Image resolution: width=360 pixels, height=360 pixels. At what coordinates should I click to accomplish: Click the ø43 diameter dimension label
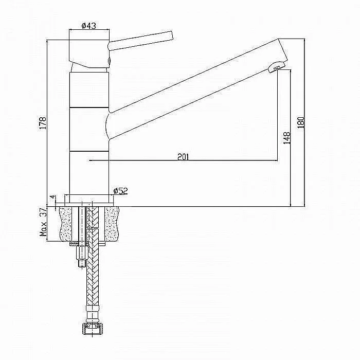(x=89, y=26)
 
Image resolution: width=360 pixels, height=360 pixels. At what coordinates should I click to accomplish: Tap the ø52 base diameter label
(x=120, y=191)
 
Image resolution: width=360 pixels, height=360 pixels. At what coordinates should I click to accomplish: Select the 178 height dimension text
(x=43, y=123)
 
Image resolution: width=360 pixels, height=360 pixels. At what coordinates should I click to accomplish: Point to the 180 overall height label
(x=301, y=122)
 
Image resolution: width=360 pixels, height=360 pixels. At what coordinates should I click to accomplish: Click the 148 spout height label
(x=287, y=138)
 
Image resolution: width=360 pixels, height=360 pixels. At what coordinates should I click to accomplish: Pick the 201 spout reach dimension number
(x=183, y=157)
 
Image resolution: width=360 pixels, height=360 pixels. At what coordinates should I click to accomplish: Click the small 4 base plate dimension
(x=53, y=197)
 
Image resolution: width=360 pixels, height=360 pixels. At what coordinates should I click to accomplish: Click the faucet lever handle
(x=140, y=41)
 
